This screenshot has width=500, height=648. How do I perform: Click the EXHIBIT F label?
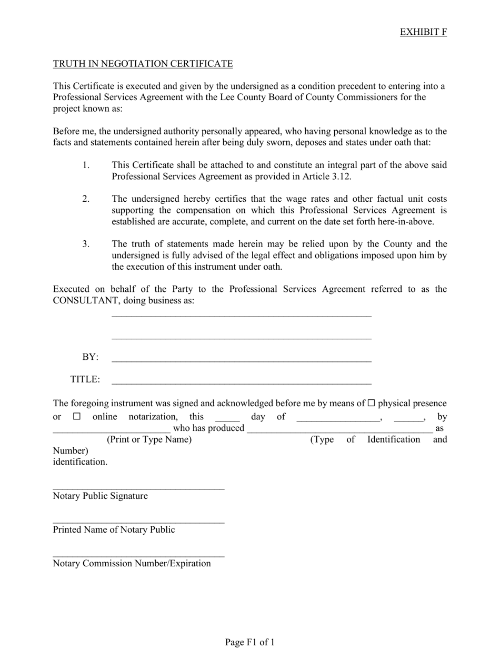point(423,32)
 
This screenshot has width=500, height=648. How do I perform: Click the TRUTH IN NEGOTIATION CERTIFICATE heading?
point(143,64)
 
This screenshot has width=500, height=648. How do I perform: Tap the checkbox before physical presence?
point(371,404)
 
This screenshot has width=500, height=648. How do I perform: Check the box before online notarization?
point(77,417)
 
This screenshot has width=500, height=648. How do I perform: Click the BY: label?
point(90,357)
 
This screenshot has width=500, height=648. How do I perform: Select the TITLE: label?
point(85,379)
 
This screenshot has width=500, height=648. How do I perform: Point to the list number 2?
point(86,199)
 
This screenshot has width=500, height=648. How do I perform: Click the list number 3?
point(86,244)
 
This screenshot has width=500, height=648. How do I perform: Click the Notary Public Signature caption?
point(100,496)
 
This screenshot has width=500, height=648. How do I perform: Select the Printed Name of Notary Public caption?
point(114,530)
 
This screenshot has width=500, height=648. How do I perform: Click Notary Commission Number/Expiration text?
point(132,564)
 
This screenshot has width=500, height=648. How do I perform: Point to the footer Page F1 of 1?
point(250,642)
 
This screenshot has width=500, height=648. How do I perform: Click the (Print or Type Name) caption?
point(149,439)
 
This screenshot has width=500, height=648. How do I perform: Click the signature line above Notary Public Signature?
point(138,488)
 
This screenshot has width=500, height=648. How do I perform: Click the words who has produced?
point(208,428)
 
